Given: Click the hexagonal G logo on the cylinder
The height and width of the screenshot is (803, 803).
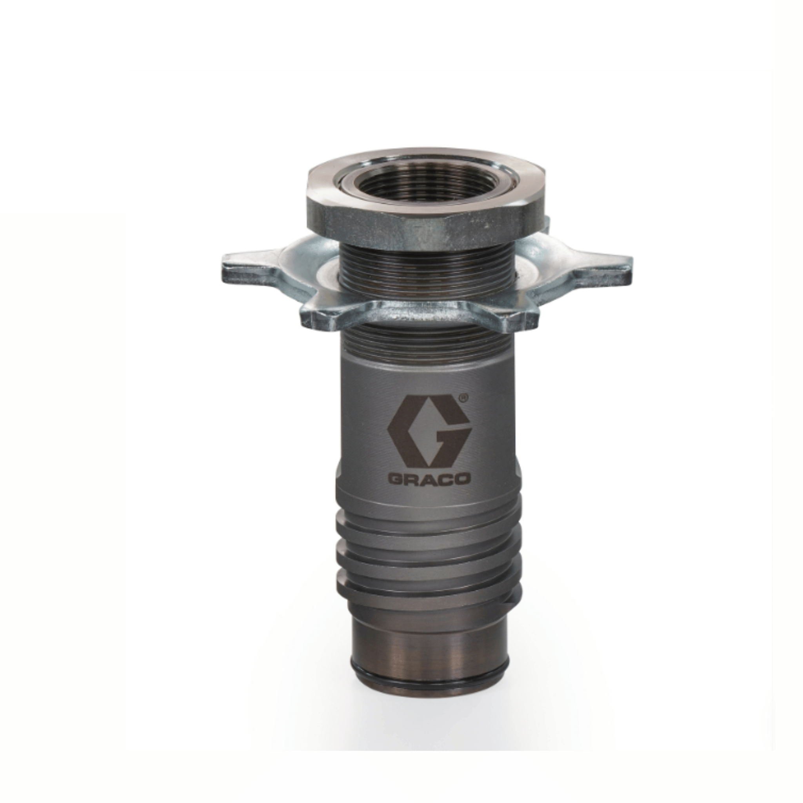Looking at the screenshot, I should click(x=429, y=431).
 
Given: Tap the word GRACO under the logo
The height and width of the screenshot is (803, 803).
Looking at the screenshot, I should click(x=429, y=480).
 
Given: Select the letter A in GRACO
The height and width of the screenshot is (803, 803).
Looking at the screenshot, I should click(x=429, y=480).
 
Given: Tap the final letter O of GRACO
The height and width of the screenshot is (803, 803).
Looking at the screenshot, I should click(x=463, y=480).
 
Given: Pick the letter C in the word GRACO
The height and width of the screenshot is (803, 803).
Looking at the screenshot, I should click(x=446, y=480).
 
